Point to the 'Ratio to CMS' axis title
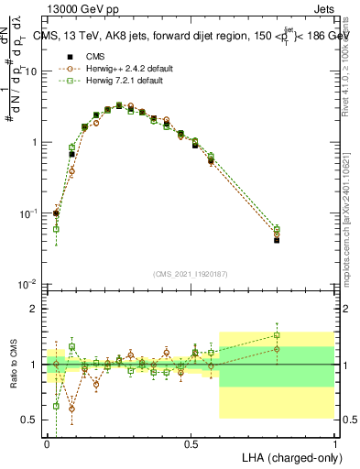14,366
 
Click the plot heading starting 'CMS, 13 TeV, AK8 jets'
188,37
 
